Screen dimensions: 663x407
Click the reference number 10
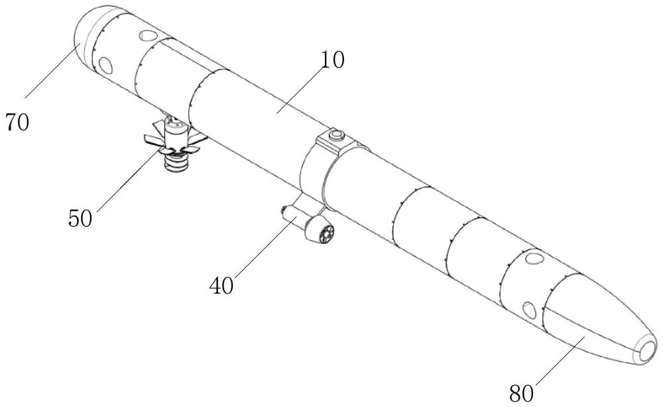[x=333, y=60]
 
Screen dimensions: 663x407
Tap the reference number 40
[x=221, y=286]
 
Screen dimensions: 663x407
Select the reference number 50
[x=80, y=219]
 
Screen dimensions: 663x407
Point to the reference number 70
[x=17, y=123]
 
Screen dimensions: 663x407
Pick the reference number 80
[x=521, y=394]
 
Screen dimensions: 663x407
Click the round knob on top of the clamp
[x=337, y=135]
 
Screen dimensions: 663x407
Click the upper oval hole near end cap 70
[x=147, y=34]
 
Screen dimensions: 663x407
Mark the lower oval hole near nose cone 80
[x=529, y=310]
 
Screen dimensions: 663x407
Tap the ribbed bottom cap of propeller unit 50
[x=176, y=162]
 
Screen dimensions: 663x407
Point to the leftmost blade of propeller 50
[x=153, y=138]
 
